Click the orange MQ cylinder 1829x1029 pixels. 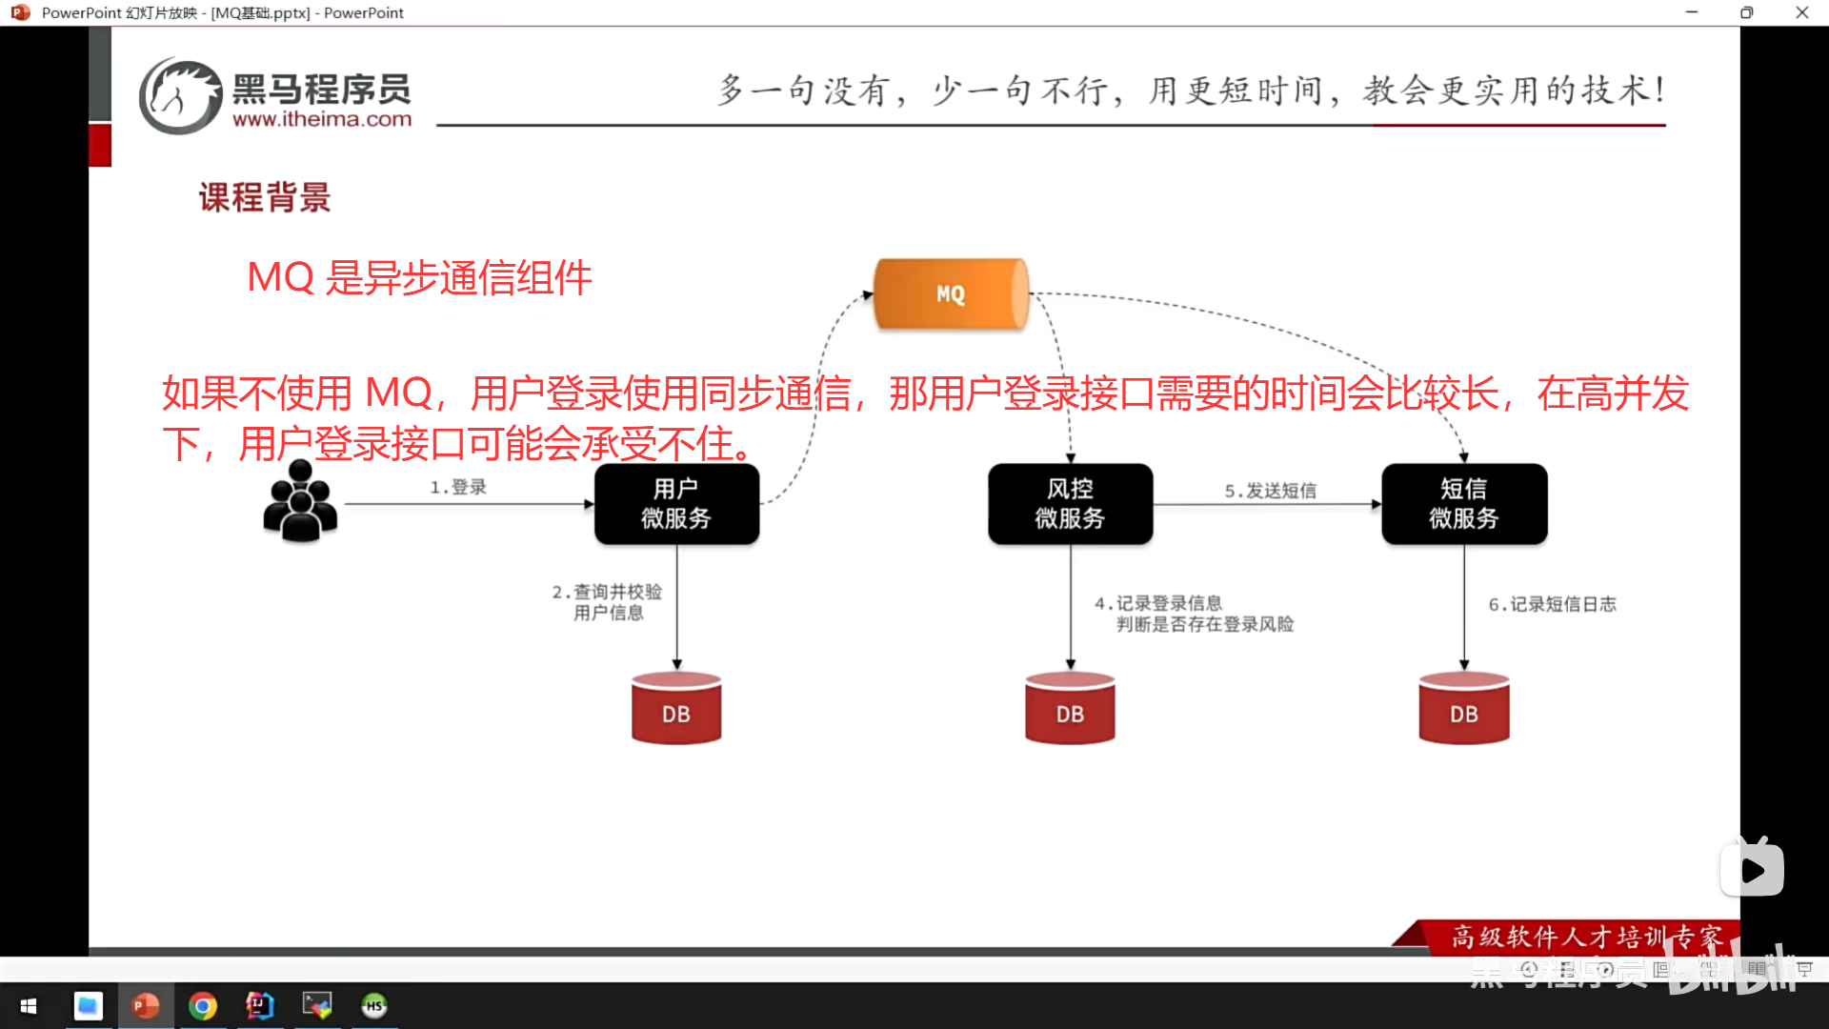click(x=951, y=293)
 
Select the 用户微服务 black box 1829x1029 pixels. click(x=676, y=504)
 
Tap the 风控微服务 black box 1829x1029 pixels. click(x=1070, y=504)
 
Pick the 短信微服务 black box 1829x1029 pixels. click(x=1464, y=504)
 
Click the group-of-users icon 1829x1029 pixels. click(x=300, y=501)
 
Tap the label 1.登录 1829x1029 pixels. click(x=458, y=487)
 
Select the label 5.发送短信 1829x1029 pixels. click(x=1270, y=491)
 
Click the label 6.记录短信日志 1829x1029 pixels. click(x=1552, y=604)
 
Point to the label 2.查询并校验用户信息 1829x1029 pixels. click(x=608, y=602)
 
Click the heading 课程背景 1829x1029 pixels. click(x=265, y=197)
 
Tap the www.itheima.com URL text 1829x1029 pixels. click(x=322, y=120)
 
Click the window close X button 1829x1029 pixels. click(x=1801, y=12)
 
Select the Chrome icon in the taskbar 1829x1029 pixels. click(x=203, y=1006)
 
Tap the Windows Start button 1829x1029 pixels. click(x=29, y=1006)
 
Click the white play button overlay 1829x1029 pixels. click(x=1752, y=870)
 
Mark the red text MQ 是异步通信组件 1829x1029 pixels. click(x=419, y=278)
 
